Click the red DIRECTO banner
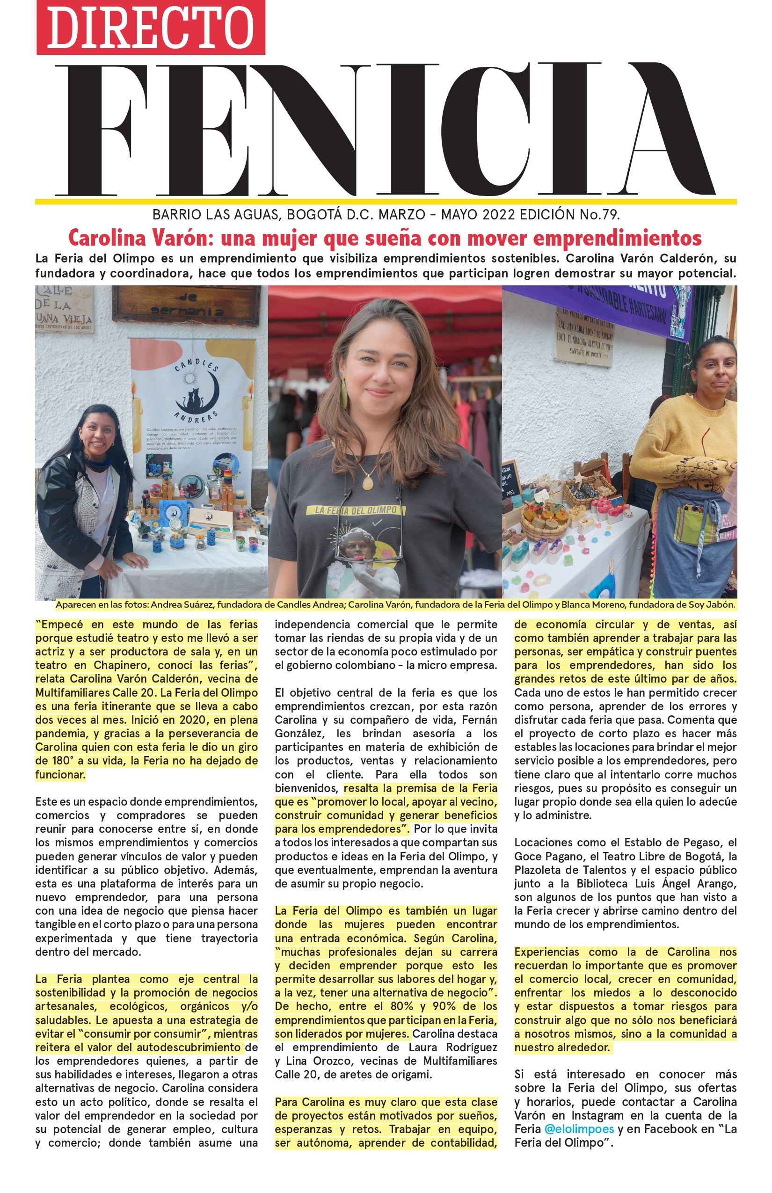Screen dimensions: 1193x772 (x=150, y=28)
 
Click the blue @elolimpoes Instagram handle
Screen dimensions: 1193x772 (x=579, y=1129)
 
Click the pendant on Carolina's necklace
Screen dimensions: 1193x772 (x=367, y=483)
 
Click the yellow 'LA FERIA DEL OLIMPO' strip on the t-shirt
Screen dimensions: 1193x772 (x=356, y=510)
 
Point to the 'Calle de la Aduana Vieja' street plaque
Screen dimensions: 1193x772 (x=63, y=309)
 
